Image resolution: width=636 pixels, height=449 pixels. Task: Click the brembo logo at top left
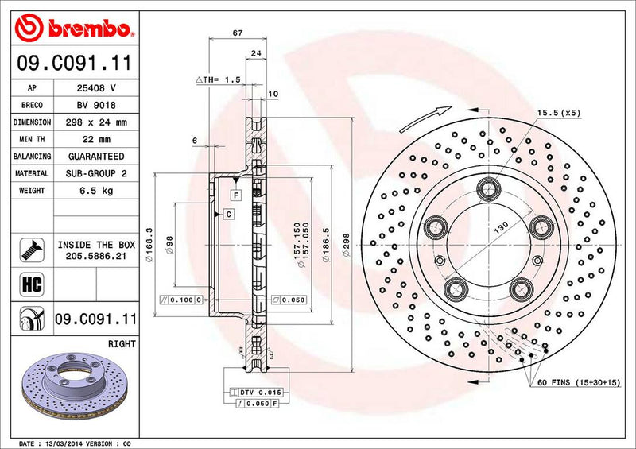pos(73,29)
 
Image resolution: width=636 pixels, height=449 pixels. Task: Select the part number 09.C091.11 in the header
pos(73,62)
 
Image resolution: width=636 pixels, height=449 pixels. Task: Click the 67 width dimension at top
pos(237,33)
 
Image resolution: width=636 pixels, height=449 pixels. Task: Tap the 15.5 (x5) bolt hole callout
pos(559,113)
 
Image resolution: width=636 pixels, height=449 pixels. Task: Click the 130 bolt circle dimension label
pos(501,227)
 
